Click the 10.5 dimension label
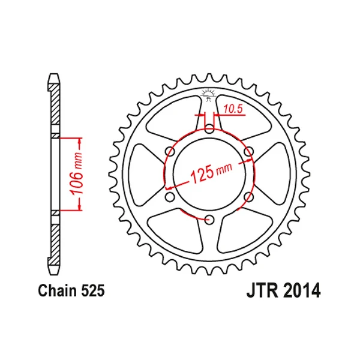click(233, 109)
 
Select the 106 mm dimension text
click(77, 174)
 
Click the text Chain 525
click(71, 290)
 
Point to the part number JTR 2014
click(283, 290)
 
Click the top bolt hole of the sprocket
click(209, 129)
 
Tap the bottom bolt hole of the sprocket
click(209, 220)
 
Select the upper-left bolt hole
click(170, 152)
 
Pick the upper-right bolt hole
click(248, 152)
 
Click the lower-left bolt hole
click(170, 197)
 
